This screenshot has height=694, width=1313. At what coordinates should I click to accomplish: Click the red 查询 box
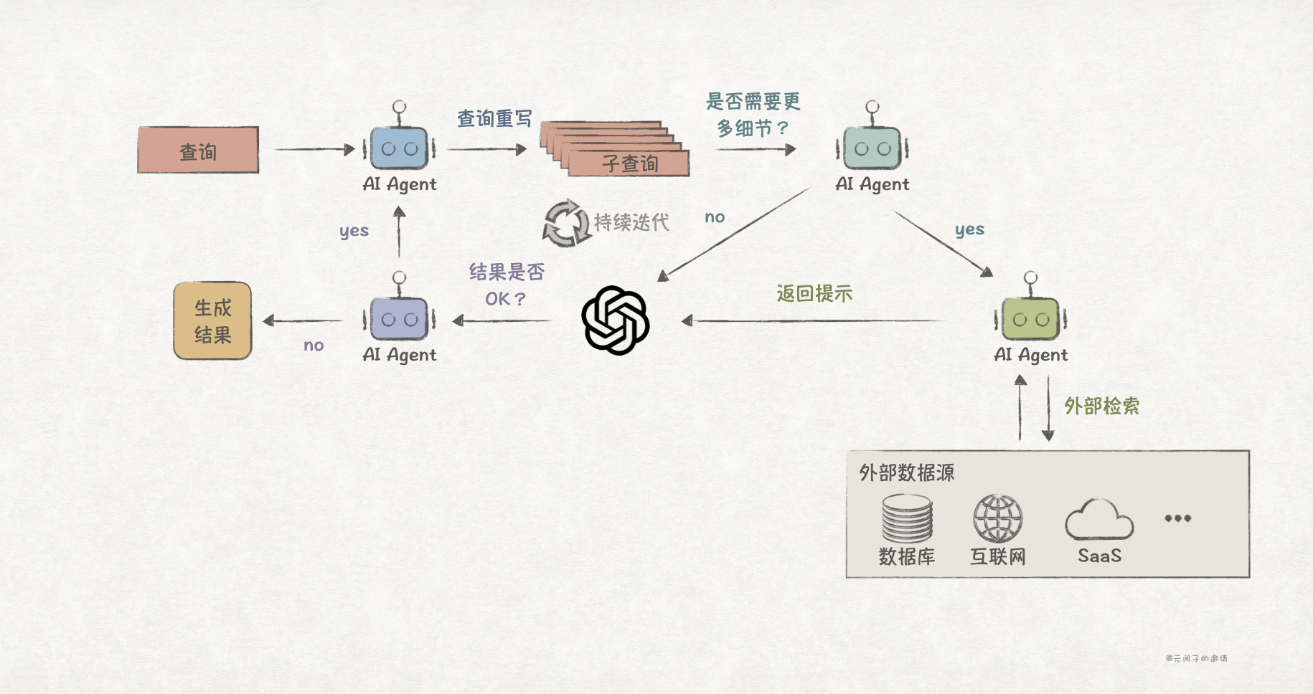[x=198, y=150]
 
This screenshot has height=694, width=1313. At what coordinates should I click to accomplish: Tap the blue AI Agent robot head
[x=400, y=148]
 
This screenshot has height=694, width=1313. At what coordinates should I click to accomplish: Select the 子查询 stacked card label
[x=630, y=164]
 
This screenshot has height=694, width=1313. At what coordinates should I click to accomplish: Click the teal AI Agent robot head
[x=872, y=148]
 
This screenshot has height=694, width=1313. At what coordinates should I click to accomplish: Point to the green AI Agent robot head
[x=1030, y=319]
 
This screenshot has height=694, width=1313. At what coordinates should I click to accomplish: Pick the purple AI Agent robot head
[x=400, y=319]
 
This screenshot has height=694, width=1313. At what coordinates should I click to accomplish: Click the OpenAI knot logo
[x=616, y=320]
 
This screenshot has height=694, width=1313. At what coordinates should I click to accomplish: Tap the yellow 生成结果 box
[x=212, y=321]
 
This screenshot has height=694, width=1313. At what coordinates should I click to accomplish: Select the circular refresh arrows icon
[x=566, y=223]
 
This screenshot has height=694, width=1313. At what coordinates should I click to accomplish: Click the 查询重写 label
[x=494, y=118]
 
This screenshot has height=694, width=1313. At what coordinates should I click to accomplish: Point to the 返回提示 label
[x=814, y=293]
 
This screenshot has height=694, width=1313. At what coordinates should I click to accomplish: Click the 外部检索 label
[x=1101, y=407]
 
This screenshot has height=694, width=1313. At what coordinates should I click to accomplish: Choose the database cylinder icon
[x=907, y=518]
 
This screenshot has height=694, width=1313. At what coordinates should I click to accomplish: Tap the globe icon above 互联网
[x=997, y=518]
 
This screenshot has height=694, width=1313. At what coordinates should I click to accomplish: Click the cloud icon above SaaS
[x=1099, y=520]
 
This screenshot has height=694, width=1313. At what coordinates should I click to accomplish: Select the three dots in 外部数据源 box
[x=1177, y=518]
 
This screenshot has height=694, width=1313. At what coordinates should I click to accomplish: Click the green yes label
[x=969, y=230]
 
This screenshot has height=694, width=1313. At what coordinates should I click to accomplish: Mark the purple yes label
[x=354, y=232]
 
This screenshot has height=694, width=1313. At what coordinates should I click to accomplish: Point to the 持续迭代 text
[x=631, y=222]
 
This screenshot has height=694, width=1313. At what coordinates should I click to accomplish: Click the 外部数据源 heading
[x=906, y=472]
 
